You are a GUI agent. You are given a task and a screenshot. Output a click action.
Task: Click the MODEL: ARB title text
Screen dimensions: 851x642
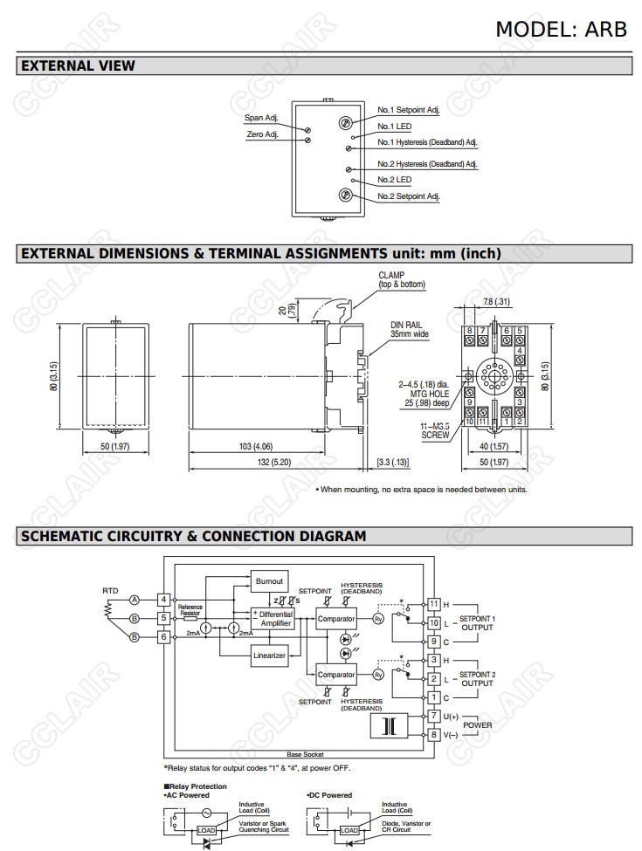[x=561, y=28]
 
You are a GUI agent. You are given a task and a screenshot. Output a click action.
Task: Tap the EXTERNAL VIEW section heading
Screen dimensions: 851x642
[x=78, y=65]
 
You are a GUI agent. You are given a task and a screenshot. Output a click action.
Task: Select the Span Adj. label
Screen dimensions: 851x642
[x=261, y=118]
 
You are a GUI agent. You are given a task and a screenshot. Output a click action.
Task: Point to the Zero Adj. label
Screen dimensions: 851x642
[x=262, y=134]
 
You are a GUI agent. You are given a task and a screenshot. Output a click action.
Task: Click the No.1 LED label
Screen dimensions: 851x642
[x=394, y=126]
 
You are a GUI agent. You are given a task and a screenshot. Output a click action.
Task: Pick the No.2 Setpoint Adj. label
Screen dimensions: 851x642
[x=409, y=196]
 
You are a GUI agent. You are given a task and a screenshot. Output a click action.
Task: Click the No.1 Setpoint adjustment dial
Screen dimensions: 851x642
[x=346, y=123]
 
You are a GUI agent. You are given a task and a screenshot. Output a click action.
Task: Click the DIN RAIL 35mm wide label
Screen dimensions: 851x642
[x=410, y=329]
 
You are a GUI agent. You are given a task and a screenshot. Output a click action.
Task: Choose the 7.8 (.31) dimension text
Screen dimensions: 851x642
[x=496, y=302]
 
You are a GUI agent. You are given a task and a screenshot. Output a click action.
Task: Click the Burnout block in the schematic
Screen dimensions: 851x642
[x=269, y=580]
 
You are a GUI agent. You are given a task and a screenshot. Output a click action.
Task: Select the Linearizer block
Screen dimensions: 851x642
[x=269, y=655]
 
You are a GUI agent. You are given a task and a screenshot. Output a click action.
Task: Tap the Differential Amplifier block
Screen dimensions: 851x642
[x=275, y=619]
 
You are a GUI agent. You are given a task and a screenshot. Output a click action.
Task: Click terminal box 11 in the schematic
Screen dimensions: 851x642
[x=433, y=604]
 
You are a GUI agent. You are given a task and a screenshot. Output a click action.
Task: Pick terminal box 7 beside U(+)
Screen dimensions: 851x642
[x=433, y=716]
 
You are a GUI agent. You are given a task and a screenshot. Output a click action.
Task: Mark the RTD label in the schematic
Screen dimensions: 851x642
[x=109, y=591]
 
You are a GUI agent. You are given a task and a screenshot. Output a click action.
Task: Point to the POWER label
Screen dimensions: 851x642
[x=478, y=725]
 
